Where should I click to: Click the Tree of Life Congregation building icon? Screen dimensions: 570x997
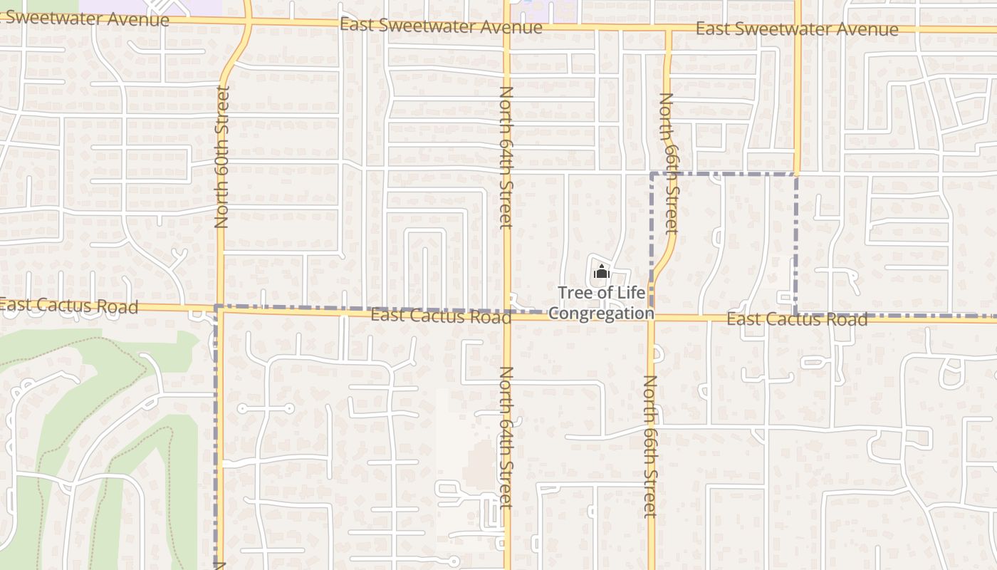pyautogui.click(x=602, y=271)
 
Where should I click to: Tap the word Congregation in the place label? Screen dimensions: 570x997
pyautogui.click(x=601, y=313)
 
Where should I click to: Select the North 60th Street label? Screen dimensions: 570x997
pyautogui.click(x=221, y=157)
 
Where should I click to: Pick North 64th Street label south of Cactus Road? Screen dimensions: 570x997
pyautogui.click(x=506, y=437)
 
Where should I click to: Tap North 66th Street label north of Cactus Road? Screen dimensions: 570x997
pyautogui.click(x=669, y=162)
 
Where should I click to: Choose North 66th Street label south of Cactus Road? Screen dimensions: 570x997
pyautogui.click(x=650, y=445)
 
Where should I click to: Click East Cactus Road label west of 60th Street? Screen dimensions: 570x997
pyautogui.click(x=68, y=306)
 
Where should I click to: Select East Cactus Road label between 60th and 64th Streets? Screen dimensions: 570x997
pyautogui.click(x=441, y=315)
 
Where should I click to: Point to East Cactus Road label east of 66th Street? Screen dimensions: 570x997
pyautogui.click(x=797, y=319)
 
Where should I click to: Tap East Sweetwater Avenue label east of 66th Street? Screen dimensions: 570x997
pyautogui.click(x=797, y=29)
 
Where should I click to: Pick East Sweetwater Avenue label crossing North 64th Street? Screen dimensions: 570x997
pyautogui.click(x=441, y=26)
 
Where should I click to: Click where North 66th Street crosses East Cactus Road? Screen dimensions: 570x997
pyautogui.click(x=651, y=317)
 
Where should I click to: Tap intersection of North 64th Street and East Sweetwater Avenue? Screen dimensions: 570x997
pyautogui.click(x=507, y=26)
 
